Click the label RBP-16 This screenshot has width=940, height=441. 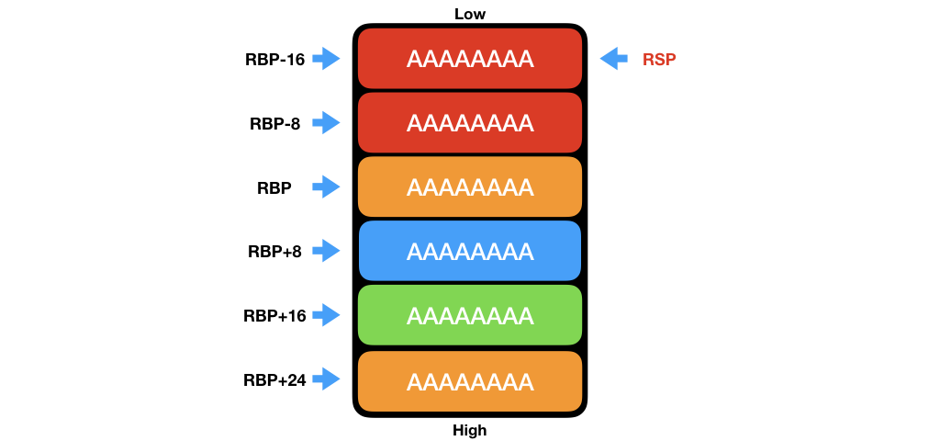(x=274, y=60)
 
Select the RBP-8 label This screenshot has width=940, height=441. (x=274, y=124)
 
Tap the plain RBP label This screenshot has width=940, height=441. (x=274, y=188)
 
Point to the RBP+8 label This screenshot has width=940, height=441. (x=274, y=252)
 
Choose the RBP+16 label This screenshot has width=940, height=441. (x=274, y=316)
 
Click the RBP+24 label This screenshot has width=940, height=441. (x=274, y=379)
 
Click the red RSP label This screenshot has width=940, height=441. (x=660, y=60)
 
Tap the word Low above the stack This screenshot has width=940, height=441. (x=470, y=14)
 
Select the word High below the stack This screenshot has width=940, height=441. (x=470, y=430)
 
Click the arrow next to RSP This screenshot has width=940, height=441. (x=613, y=59)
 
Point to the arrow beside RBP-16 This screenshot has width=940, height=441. (x=326, y=59)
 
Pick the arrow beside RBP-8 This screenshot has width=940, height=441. (x=326, y=123)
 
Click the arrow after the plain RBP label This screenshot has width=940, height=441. (x=326, y=187)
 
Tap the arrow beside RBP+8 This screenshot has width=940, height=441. (x=326, y=251)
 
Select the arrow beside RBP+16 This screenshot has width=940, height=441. (x=326, y=315)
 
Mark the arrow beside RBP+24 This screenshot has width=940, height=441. (x=326, y=379)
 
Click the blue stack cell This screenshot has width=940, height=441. (x=470, y=251)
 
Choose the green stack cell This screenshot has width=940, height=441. (x=470, y=315)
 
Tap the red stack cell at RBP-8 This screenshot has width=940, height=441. (x=470, y=122)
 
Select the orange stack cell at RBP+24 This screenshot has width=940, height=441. (x=470, y=380)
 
